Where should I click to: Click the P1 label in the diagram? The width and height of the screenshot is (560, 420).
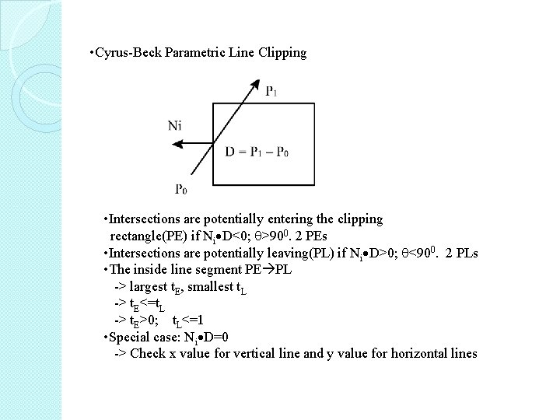click(x=272, y=92)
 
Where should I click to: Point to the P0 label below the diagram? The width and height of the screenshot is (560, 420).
click(x=181, y=189)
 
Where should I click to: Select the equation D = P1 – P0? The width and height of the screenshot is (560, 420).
click(x=257, y=152)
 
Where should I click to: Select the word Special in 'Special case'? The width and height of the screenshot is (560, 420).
click(x=130, y=338)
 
